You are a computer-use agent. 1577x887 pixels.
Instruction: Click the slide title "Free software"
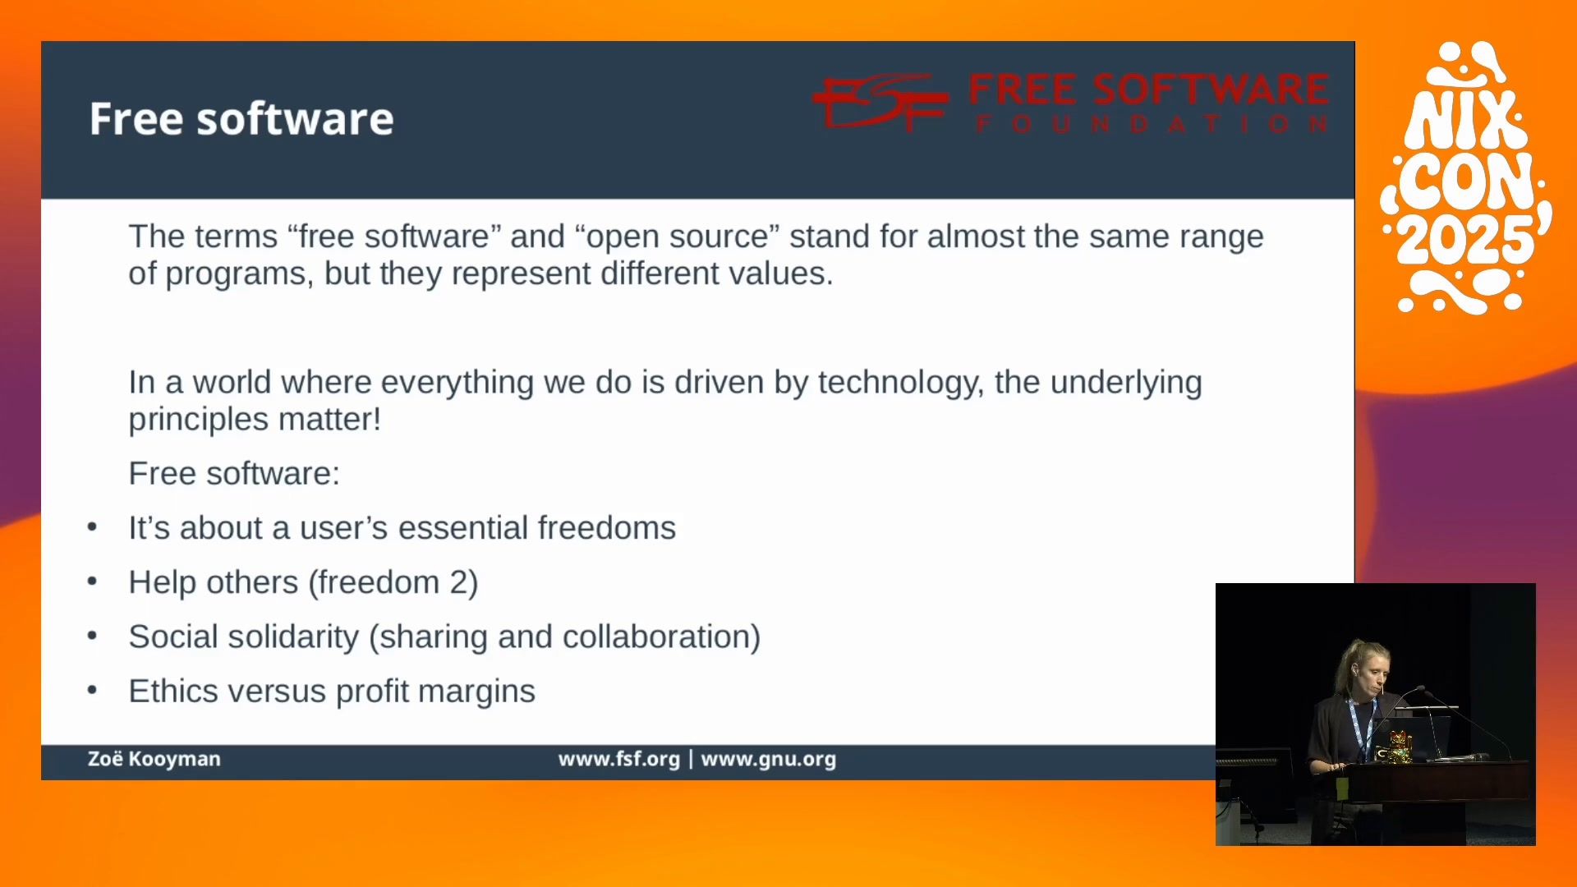tap(241, 119)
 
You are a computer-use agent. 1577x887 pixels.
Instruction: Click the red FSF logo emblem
tap(880, 102)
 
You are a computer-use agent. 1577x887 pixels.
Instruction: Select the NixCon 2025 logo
tap(1466, 177)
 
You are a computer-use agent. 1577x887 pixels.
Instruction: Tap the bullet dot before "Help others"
tap(92, 581)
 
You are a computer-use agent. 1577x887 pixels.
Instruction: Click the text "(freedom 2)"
tap(393, 582)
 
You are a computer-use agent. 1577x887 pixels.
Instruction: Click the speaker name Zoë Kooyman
tap(154, 759)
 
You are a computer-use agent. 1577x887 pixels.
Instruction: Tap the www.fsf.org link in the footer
tap(619, 759)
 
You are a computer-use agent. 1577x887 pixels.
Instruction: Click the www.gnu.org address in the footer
tap(768, 759)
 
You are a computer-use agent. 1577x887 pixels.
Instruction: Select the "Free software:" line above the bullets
tap(234, 474)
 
